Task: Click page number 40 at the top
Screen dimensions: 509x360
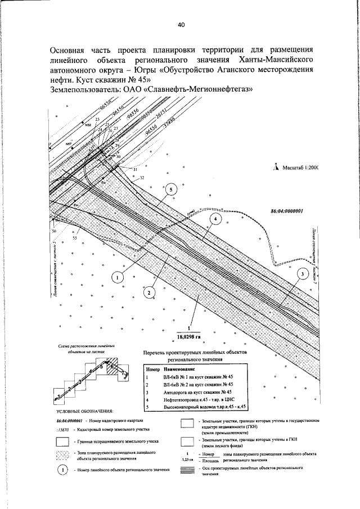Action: point(181,24)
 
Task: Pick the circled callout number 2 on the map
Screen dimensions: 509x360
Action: point(148,292)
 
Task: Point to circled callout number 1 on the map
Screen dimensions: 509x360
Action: point(116,277)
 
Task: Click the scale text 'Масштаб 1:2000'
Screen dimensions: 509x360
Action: point(300,168)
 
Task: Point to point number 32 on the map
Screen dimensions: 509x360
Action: point(142,177)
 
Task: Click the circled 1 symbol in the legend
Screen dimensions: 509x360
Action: point(63,470)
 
